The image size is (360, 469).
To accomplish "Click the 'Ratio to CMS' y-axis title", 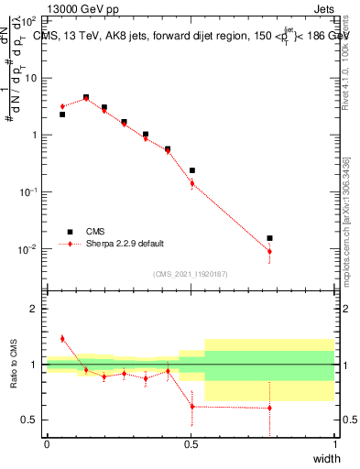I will [12, 365].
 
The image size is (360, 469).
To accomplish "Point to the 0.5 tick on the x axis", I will [191, 444].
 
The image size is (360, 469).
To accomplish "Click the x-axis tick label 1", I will [334, 444].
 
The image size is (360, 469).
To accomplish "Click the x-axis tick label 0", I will [48, 444].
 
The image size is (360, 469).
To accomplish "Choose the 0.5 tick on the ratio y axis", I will [33, 420].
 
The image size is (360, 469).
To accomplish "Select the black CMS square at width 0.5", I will [191, 170].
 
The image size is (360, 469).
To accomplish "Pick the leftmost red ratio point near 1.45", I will [62, 339].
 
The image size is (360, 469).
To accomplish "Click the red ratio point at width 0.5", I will [191, 407].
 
